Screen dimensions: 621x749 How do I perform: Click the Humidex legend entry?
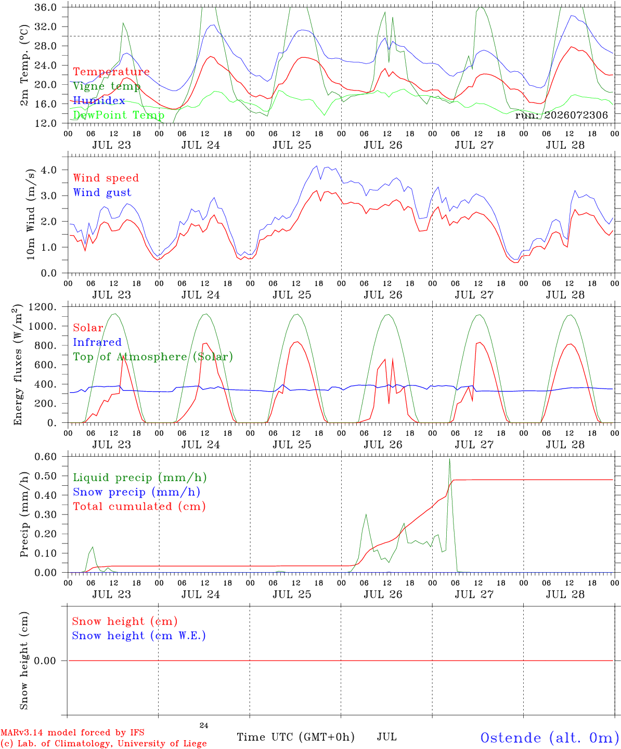point(99,100)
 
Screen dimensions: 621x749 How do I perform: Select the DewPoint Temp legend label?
point(119,115)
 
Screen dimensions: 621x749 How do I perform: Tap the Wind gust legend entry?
point(102,192)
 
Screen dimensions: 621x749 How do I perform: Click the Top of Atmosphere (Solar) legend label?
point(153,357)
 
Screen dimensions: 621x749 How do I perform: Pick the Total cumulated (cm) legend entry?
point(139,507)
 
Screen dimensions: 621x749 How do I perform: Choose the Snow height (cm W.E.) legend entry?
point(139,636)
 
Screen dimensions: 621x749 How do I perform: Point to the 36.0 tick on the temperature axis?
point(45,7)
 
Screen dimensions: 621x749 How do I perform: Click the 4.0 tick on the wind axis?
point(49,170)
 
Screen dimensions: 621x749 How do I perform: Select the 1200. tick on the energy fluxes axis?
point(43,307)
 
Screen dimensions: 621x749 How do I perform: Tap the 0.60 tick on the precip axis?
point(46,457)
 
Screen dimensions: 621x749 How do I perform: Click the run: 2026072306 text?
point(561,115)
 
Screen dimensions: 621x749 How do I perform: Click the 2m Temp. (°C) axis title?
point(24,66)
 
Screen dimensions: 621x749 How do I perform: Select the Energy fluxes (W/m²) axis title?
point(18,365)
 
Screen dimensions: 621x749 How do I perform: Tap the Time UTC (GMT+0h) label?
point(295,737)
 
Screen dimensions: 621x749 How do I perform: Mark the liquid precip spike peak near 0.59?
point(449,459)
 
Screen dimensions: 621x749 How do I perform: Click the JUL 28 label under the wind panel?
point(565,295)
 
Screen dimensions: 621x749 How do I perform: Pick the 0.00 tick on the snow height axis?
point(45,661)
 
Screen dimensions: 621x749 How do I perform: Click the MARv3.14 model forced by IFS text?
point(73,732)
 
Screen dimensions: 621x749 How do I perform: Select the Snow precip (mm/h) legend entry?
point(136,492)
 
